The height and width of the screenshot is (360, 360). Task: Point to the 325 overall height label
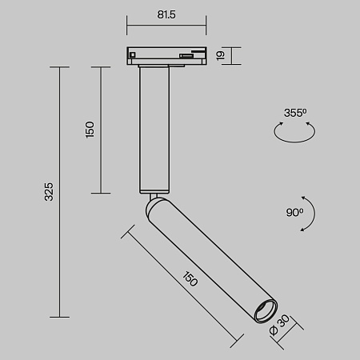click(x=49, y=191)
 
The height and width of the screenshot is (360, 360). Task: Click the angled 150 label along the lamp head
click(x=189, y=279)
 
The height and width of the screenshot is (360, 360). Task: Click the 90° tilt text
click(x=294, y=213)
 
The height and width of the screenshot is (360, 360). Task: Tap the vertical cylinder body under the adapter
click(x=154, y=128)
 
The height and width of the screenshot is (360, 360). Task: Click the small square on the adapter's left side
click(x=133, y=54)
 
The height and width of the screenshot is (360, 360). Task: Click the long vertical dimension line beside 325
click(x=61, y=191)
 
